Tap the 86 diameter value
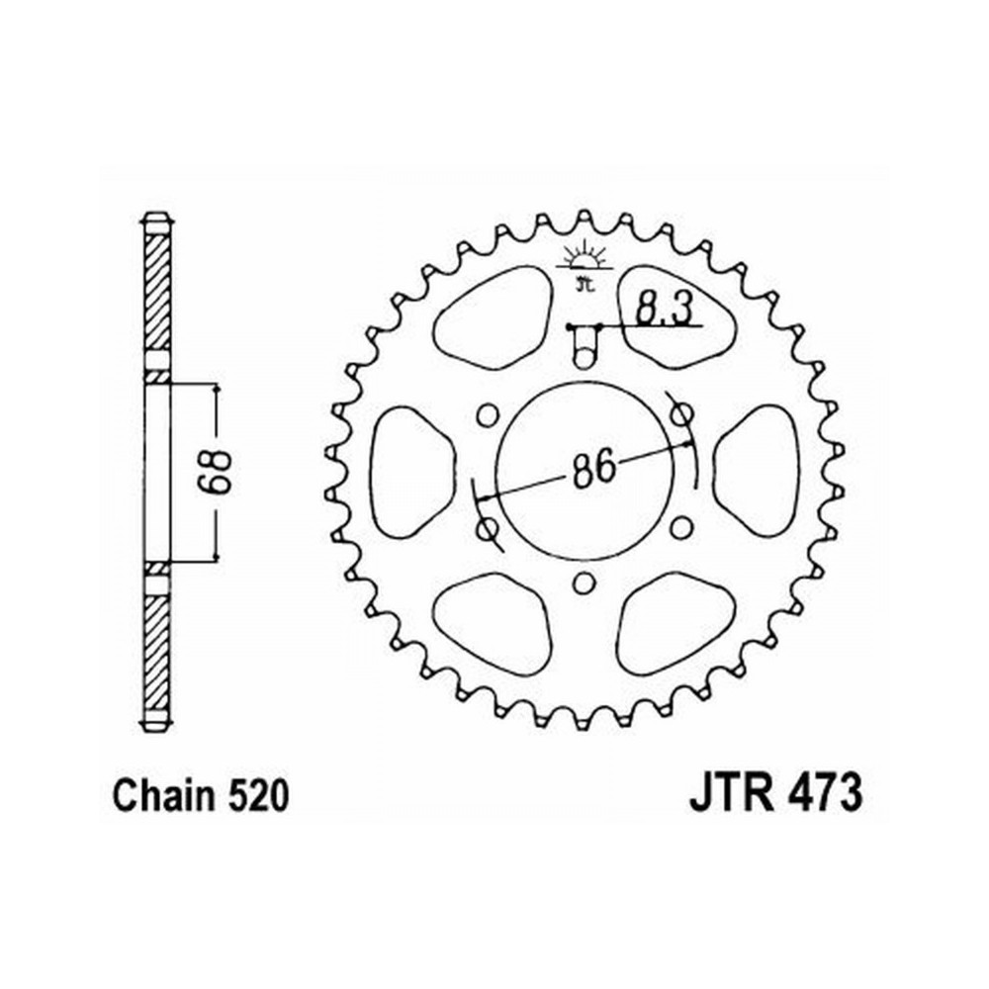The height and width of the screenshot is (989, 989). point(592,468)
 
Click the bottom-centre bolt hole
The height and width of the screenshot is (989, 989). point(584,583)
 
